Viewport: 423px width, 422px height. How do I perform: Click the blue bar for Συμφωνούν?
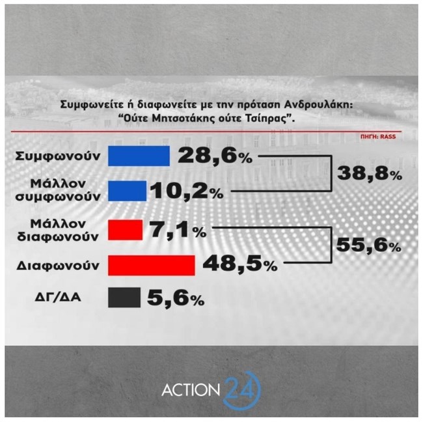(x=139, y=156)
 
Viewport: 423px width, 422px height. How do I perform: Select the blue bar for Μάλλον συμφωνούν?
(x=127, y=190)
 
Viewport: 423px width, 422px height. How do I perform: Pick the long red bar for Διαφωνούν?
(x=150, y=265)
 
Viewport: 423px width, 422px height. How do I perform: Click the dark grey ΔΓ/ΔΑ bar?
(x=124, y=298)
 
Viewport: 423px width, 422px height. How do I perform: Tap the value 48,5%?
(x=240, y=264)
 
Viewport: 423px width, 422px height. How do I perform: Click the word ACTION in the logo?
(x=190, y=390)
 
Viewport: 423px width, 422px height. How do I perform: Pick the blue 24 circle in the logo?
(x=241, y=390)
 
